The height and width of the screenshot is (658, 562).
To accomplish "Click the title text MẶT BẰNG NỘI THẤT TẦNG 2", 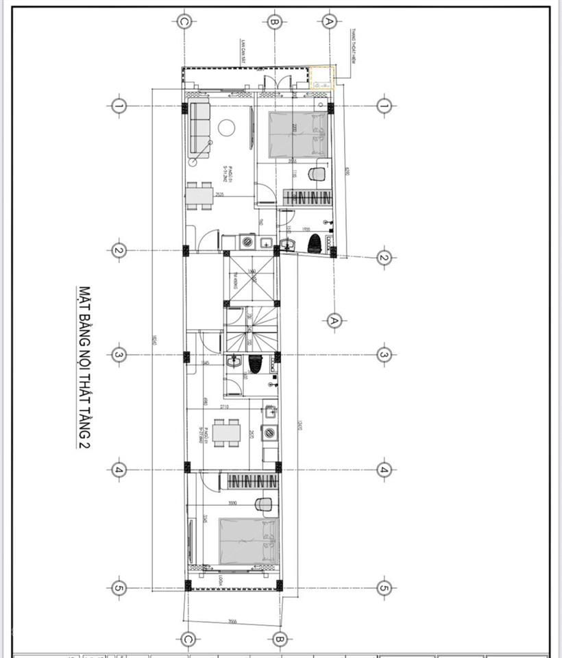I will pyautogui.click(x=85, y=367).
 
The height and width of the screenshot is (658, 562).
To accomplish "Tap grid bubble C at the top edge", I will pyautogui.click(x=184, y=21).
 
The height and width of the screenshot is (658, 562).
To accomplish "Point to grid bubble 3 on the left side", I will pyautogui.click(x=118, y=354).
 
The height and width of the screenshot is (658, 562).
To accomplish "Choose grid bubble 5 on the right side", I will pyautogui.click(x=383, y=587).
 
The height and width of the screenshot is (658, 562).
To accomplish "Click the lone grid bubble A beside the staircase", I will pyautogui.click(x=334, y=320).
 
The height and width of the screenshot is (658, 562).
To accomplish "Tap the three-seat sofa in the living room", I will pyautogui.click(x=199, y=127).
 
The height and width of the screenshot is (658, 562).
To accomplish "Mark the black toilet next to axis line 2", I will pyautogui.click(x=315, y=243).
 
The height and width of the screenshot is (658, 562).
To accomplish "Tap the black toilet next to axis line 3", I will pyautogui.click(x=256, y=364).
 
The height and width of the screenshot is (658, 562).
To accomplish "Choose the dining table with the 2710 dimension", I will pyautogui.click(x=225, y=433).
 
